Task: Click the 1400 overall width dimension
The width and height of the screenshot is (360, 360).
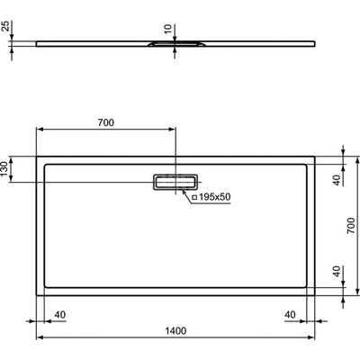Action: point(175,331)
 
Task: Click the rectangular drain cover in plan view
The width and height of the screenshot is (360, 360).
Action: point(175,182)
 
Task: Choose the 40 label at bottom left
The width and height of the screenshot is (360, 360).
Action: point(60,314)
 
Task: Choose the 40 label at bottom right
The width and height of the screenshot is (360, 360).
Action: point(290,314)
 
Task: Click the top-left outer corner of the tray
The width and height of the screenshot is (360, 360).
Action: point(36,156)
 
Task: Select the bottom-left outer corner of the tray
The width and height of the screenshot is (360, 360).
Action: point(36,294)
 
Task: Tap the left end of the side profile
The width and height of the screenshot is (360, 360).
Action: point(36,40)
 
